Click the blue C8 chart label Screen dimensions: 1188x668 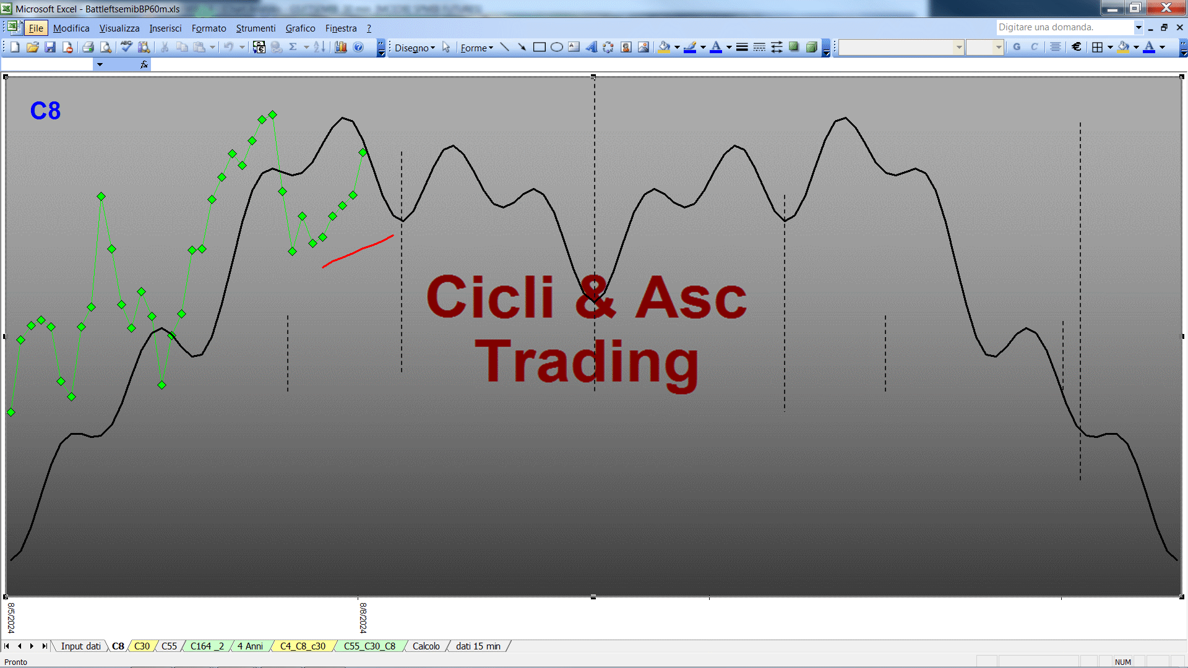coord(45,111)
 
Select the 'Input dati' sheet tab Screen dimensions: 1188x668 coord(80,646)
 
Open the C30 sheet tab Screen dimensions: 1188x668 coord(142,646)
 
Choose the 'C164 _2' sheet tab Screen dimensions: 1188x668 coord(207,646)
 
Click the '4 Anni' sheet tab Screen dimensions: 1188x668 coord(250,646)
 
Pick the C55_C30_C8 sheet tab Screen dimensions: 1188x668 coord(369,646)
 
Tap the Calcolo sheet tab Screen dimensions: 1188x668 coord(426,646)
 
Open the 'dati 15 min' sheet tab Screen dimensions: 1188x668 coord(478,646)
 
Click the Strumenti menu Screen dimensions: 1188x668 coord(256,28)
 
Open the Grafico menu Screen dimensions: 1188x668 coord(300,28)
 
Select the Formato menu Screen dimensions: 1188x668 coord(209,28)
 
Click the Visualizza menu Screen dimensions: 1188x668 coord(119,28)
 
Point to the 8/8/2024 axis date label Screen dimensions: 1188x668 coord(363,618)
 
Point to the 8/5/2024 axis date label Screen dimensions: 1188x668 coord(11,618)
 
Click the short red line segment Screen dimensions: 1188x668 coord(358,250)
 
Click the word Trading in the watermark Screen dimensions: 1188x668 coord(587,362)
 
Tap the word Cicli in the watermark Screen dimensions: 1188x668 coord(490,297)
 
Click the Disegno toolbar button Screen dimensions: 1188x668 coord(415,48)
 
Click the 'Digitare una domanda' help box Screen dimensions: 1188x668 coord(1065,27)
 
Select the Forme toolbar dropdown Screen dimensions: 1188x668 coord(476,48)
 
